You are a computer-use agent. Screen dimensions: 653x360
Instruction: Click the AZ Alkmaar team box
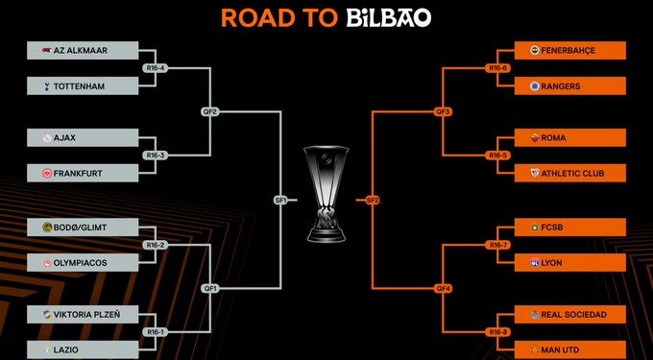tap(81, 50)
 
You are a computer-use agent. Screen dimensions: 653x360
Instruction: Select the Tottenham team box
tap(81, 85)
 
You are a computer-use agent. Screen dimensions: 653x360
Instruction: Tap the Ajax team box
tap(81, 137)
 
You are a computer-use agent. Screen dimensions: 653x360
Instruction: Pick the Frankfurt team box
tap(81, 173)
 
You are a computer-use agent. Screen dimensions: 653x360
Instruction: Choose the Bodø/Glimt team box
tap(81, 228)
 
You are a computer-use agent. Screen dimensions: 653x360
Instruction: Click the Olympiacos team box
tap(81, 262)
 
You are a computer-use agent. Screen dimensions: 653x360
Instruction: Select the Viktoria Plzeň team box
tap(81, 314)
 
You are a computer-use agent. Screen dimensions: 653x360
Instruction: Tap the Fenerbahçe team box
tap(570, 50)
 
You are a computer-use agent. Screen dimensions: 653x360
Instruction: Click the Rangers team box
tap(570, 85)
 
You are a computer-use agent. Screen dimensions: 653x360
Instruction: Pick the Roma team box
tap(570, 137)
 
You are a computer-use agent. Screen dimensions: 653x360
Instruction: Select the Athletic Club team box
tap(570, 173)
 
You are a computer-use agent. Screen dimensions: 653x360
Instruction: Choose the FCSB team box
tap(570, 228)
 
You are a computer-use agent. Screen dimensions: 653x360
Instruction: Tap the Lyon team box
tap(570, 262)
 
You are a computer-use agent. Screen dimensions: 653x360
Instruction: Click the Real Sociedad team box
tap(570, 314)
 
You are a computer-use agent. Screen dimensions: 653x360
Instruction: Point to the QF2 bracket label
tap(211, 111)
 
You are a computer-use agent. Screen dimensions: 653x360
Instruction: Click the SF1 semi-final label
tap(280, 200)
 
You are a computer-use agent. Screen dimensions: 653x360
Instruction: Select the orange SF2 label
tap(373, 200)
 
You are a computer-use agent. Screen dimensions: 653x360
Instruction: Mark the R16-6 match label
tap(496, 68)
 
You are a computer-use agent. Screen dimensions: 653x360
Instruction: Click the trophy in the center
tap(326, 192)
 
